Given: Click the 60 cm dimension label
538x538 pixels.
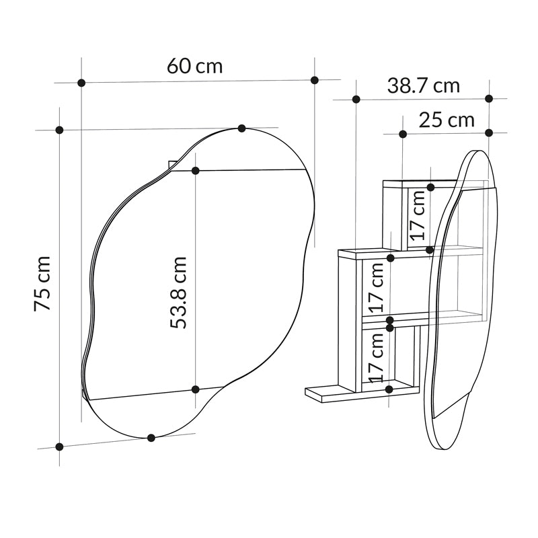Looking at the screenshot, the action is (x=194, y=66).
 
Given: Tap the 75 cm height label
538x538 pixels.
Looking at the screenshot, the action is (x=42, y=283).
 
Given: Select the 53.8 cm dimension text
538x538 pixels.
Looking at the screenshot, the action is (x=179, y=293).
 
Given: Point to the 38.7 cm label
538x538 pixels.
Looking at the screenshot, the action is (x=424, y=86).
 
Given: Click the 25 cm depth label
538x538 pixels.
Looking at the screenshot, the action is (x=447, y=120).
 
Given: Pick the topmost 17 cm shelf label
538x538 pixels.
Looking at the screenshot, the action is (x=418, y=216).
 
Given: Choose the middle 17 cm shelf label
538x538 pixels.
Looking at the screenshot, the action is (x=376, y=288).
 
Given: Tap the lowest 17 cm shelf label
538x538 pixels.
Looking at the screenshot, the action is (x=376, y=358).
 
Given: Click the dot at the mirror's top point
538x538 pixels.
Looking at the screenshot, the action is (x=242, y=128).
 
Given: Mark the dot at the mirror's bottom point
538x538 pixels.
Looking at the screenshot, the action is (x=151, y=438).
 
